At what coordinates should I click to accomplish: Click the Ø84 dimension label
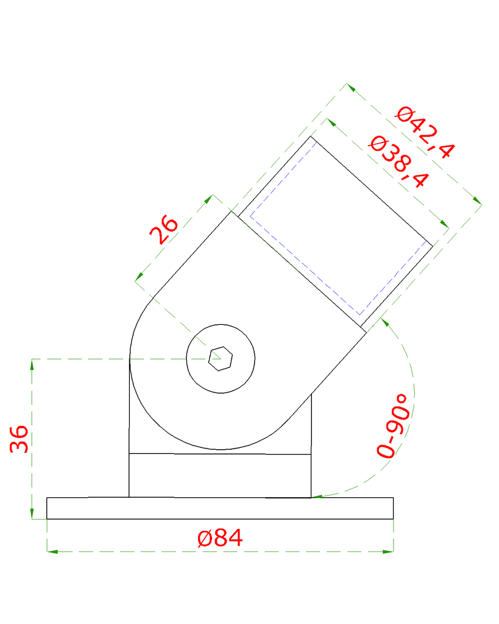[x=220, y=538]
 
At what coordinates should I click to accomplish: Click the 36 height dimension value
[x=19, y=439]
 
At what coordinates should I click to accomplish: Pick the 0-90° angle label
[x=392, y=425]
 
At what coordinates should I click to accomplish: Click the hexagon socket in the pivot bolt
[x=220, y=358]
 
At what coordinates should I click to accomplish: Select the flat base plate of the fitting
[x=220, y=508]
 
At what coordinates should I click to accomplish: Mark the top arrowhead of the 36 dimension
[x=32, y=364]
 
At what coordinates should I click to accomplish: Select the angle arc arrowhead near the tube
[x=385, y=321]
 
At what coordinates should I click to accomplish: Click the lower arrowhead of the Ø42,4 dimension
[x=477, y=200]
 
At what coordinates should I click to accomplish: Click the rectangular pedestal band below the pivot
[x=220, y=475]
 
